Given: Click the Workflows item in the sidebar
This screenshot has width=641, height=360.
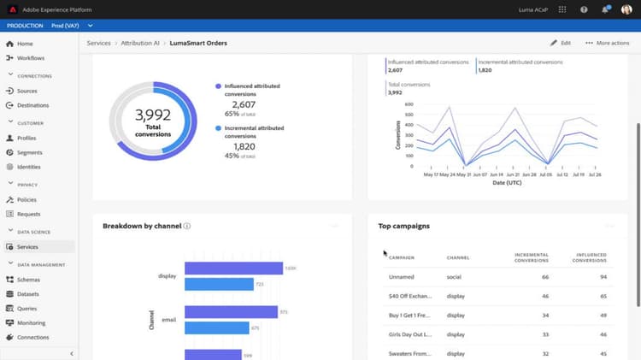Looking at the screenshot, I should click(30, 58).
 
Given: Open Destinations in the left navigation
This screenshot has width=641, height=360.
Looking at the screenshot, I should click(32, 105).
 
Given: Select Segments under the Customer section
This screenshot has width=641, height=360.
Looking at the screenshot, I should click(29, 152).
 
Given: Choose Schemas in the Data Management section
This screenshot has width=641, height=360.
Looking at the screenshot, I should click(28, 280).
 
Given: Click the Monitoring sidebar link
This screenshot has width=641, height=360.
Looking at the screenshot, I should click(31, 322).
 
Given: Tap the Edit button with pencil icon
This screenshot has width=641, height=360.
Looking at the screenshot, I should click(561, 43).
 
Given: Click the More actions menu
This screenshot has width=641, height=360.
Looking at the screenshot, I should click(608, 43).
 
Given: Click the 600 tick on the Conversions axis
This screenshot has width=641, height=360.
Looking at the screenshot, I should click(409, 104).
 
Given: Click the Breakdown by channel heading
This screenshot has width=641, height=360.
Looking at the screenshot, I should click(141, 226).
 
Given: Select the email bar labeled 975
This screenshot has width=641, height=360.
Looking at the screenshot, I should click(231, 311).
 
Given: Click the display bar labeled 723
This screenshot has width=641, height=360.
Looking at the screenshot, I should click(219, 284).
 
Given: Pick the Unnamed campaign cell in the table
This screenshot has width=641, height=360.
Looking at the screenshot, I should click(401, 277).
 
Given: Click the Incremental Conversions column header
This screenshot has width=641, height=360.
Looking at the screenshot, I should click(531, 257).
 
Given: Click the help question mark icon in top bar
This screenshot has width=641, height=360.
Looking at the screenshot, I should click(584, 9).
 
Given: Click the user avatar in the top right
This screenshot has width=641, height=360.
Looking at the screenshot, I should click(626, 9).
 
